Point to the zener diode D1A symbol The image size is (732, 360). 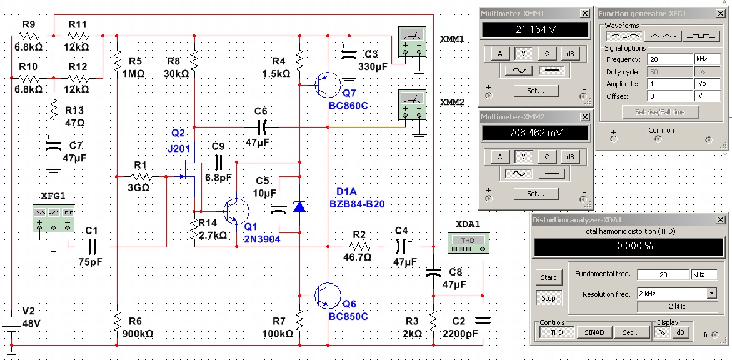(299, 206)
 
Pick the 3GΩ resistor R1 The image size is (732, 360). (141, 177)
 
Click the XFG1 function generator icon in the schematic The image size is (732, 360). (54, 218)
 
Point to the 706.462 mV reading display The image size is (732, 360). (536, 133)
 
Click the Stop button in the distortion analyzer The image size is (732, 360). (548, 298)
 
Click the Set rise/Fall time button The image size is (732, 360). (661, 112)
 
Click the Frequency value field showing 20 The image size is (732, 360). (670, 60)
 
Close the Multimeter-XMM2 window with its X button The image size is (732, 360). (585, 116)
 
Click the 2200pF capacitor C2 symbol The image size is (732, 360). (482, 320)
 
